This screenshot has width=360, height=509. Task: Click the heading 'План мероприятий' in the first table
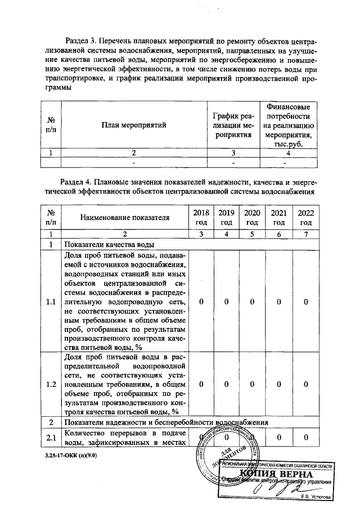point(134,125)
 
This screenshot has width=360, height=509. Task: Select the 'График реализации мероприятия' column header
point(233,125)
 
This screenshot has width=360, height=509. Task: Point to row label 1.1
point(51,302)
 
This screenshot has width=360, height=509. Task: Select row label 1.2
point(51,384)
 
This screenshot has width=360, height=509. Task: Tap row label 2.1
point(51,438)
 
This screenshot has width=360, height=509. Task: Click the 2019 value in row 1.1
point(226,302)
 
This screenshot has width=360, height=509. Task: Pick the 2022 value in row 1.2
point(306,384)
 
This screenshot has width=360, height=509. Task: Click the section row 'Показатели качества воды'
point(110,245)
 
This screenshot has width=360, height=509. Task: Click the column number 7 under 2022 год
point(306,233)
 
